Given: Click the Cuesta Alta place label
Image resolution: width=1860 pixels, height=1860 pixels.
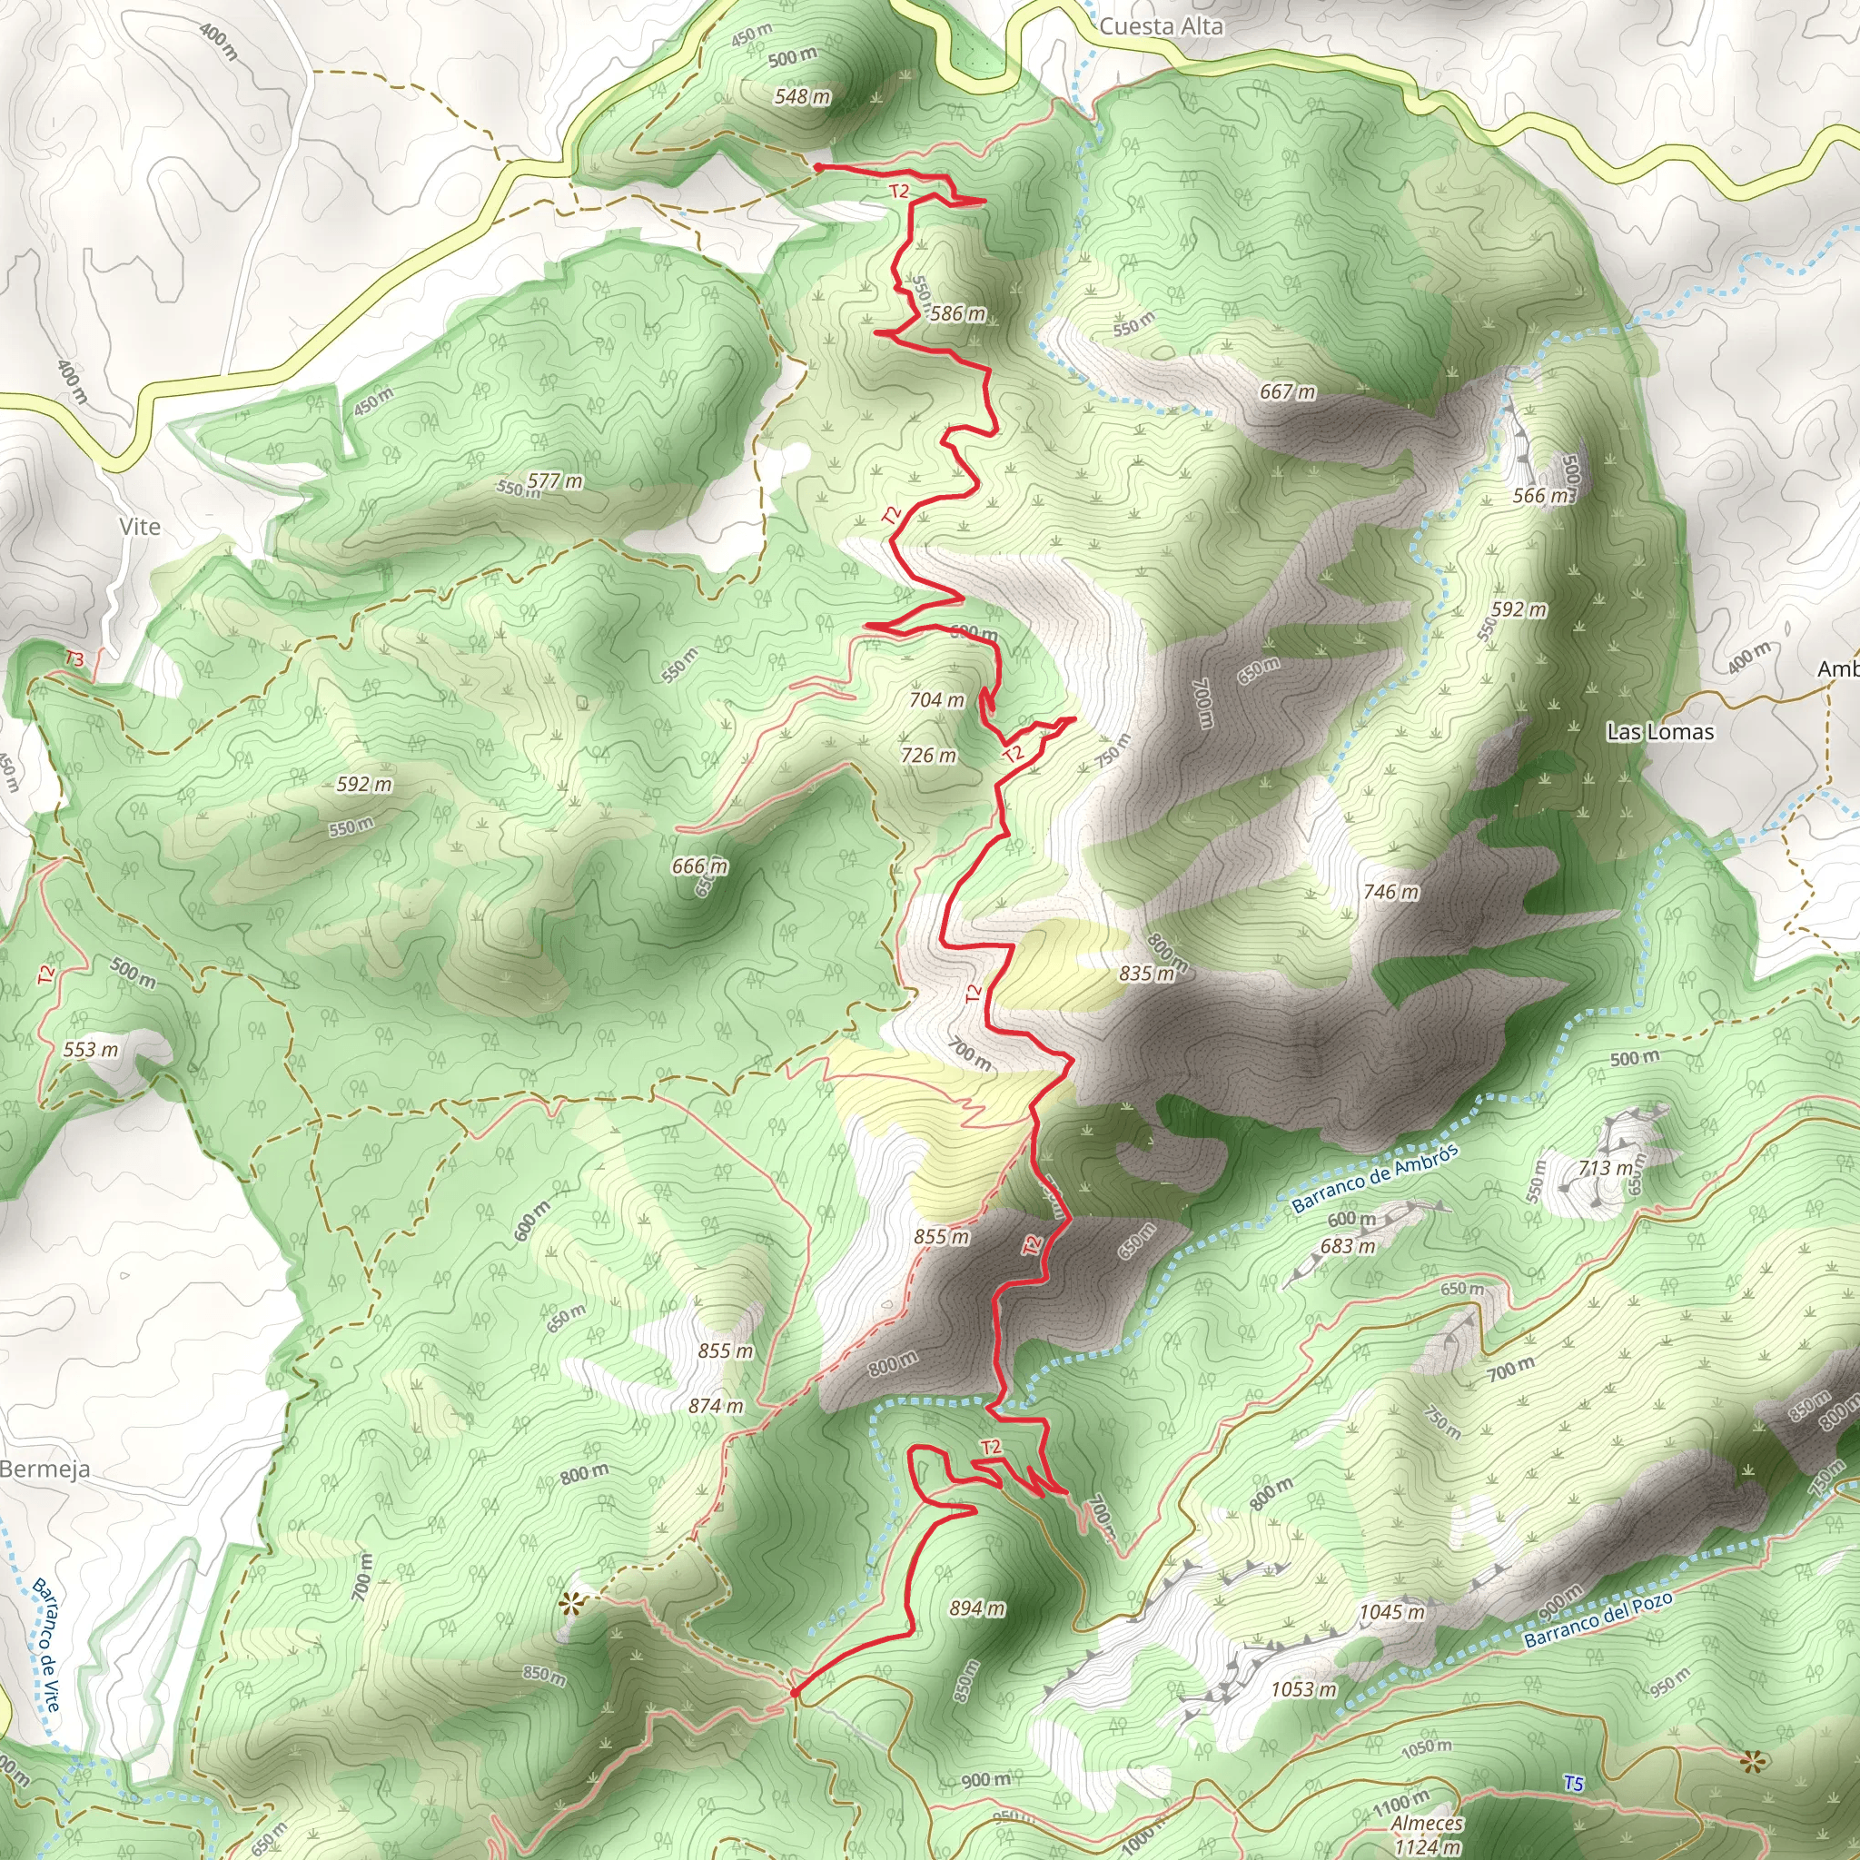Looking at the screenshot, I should pos(1160,26).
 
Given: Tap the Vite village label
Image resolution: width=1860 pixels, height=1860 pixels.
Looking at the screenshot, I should pos(140,527).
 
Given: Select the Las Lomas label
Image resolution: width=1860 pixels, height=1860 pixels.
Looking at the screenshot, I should pos(1660,732).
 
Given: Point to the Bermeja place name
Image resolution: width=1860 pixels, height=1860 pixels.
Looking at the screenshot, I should pos(45,1469).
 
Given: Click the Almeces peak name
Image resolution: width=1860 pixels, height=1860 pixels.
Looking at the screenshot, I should pos(1427,1824).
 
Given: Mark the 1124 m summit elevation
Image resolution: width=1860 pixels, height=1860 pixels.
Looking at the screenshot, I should pos(1429,1846).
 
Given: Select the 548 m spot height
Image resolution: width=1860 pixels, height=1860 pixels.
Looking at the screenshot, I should pos(802,96).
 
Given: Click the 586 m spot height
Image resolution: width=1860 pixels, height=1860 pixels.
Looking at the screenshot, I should pos(957,313).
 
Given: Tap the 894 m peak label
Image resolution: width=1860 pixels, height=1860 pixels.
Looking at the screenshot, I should pos(976,1608).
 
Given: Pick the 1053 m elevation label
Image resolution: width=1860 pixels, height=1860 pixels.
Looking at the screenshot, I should pos(1302,1688).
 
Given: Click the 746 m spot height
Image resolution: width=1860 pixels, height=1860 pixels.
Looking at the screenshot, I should pos(1390,892).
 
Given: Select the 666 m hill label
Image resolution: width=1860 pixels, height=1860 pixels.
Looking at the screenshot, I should pos(700,866).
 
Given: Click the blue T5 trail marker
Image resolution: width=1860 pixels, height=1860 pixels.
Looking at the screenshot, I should pos(1572,1783).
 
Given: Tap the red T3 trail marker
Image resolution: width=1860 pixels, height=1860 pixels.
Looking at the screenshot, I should pos(74,659).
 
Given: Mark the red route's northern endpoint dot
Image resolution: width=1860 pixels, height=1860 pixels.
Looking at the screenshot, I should pos(817,167).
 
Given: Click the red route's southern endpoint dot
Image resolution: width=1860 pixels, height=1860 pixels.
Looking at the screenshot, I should pos(793,1691).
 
